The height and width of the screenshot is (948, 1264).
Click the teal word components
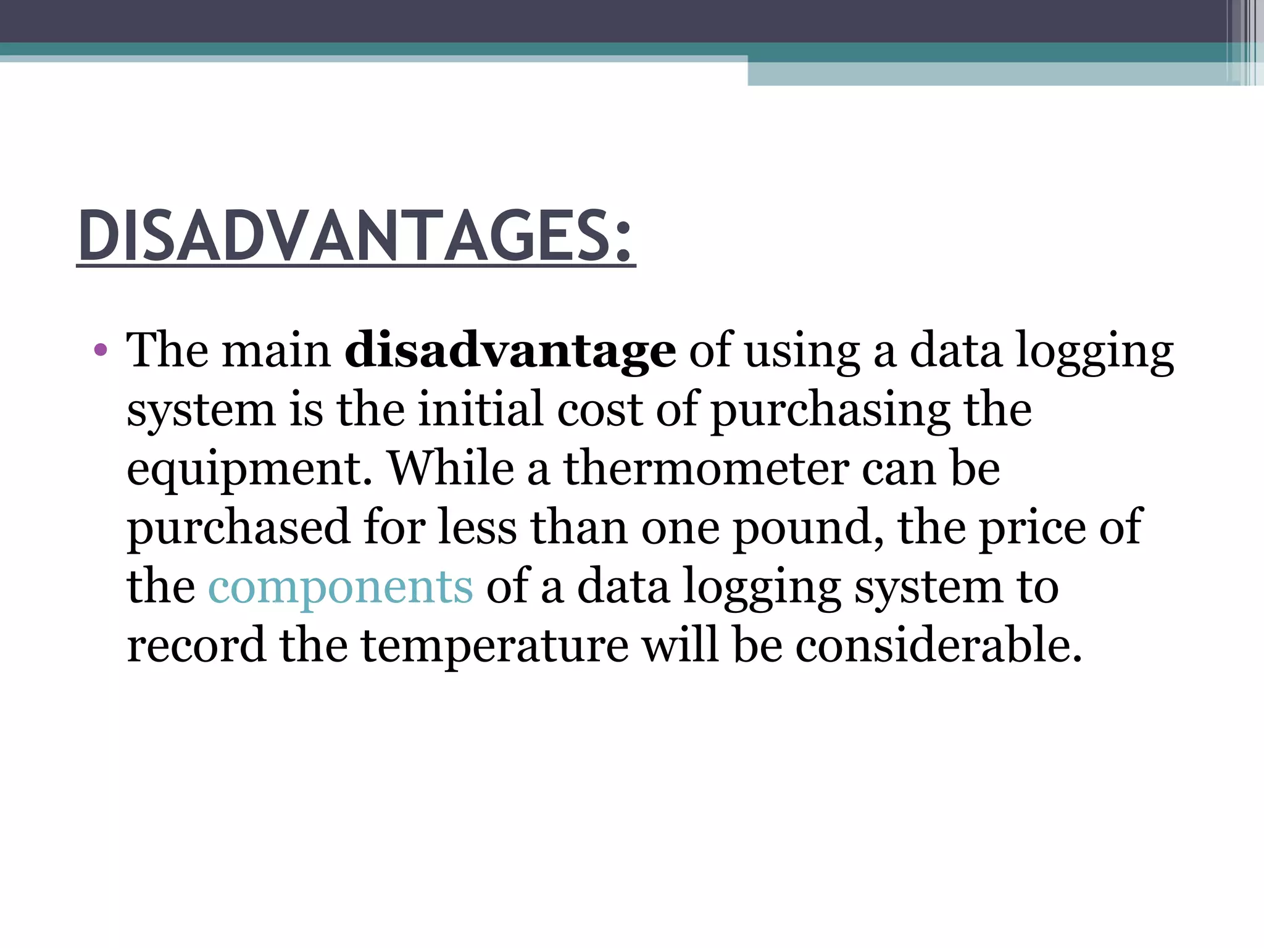[x=341, y=587]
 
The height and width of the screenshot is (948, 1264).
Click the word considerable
[x=938, y=646]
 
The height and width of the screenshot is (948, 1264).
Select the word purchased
[x=239, y=528]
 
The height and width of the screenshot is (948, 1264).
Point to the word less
[x=476, y=528]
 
